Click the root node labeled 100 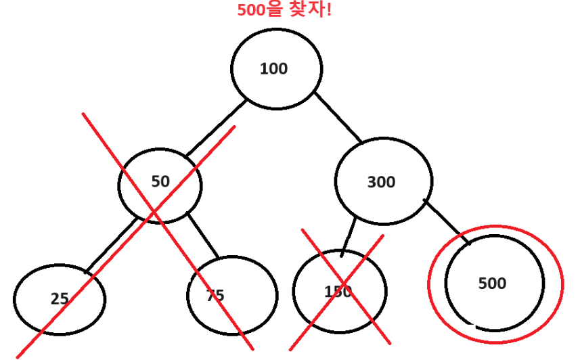276,68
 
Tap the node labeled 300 383,181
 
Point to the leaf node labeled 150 339,291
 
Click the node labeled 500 495,283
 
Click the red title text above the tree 284,11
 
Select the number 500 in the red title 250,11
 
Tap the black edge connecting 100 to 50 215,129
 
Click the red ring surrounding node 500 428,284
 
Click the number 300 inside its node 382,182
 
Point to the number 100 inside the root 273,68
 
